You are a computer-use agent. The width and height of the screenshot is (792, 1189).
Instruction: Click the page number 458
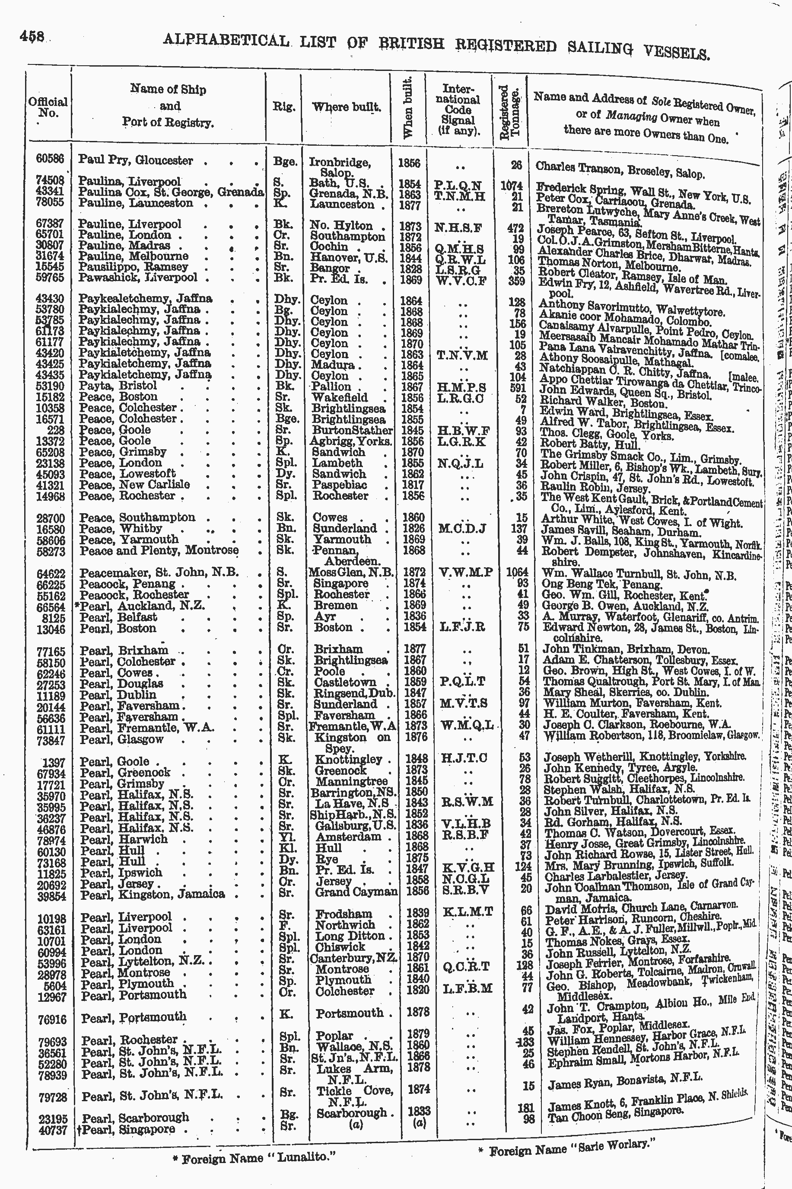(x=32, y=36)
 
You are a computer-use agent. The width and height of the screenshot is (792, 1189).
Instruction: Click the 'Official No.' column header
(x=48, y=107)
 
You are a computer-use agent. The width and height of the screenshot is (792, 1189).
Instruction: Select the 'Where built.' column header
(x=346, y=107)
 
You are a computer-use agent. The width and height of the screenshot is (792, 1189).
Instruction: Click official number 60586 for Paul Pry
(x=50, y=158)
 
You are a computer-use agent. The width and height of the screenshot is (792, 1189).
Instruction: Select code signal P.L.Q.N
(x=458, y=185)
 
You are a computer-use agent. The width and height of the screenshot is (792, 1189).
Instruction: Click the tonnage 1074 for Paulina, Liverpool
(x=511, y=186)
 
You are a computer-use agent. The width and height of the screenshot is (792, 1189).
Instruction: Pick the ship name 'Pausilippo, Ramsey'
(x=134, y=266)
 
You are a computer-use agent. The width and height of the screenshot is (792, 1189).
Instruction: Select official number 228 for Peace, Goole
(x=59, y=429)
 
